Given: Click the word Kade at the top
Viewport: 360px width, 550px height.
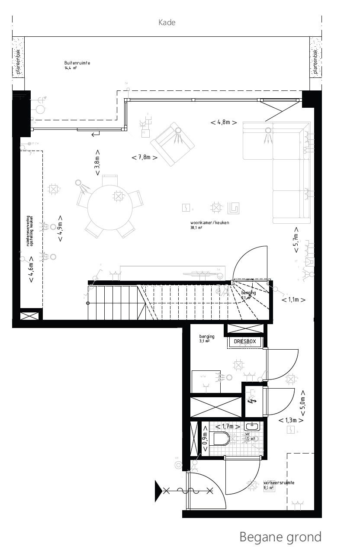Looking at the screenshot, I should click(167, 23).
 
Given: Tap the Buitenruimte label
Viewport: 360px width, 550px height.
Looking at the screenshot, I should click(77, 63).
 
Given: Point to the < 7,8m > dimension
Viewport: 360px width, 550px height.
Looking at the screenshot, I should click(145, 158).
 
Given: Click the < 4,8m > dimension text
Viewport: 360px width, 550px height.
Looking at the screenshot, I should click(224, 122).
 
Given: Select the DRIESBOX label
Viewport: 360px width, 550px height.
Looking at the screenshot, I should click(245, 342).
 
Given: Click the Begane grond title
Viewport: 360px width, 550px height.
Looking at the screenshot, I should click(280, 537).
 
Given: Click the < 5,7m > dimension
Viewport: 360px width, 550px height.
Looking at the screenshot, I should click(296, 240).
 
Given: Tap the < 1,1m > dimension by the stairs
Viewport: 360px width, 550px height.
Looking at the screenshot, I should click(294, 299).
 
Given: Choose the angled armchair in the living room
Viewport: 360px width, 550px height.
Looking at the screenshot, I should click(172, 144).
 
